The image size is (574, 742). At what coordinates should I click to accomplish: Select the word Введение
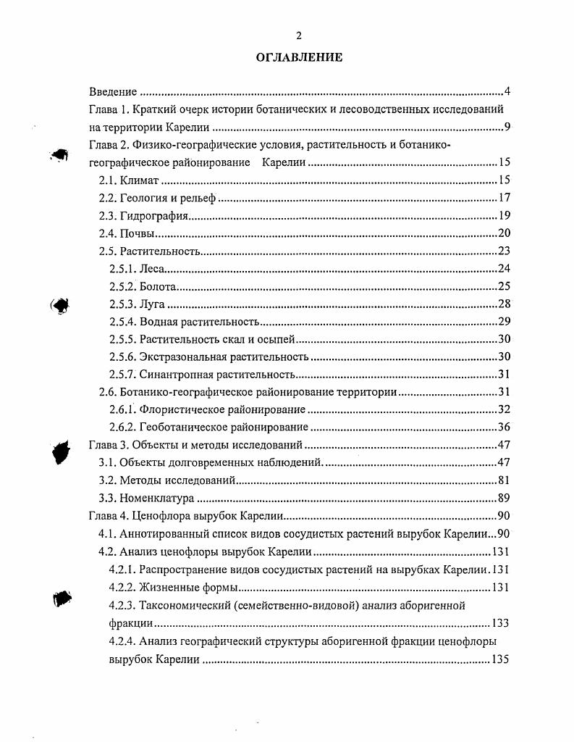point(113,92)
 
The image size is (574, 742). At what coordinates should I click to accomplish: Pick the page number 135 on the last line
point(500,659)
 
